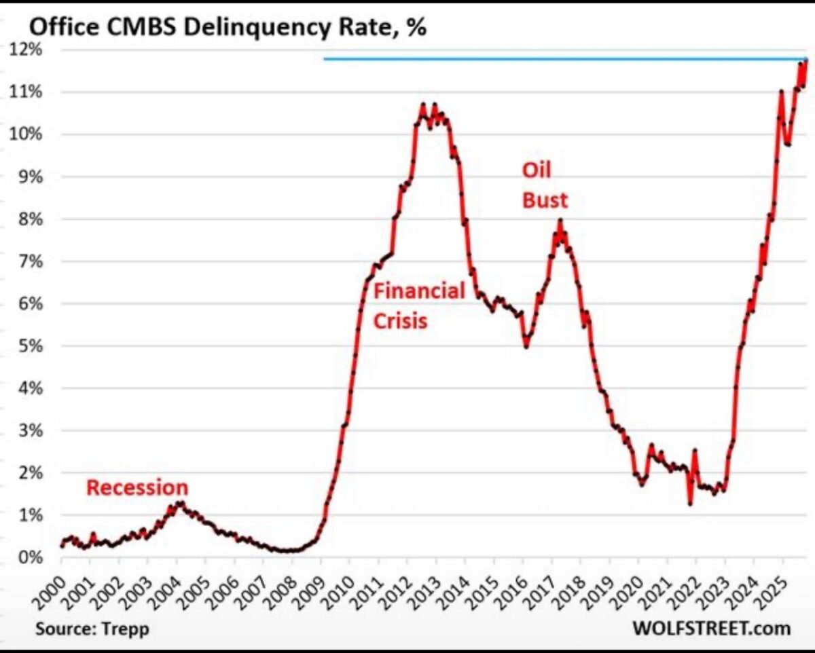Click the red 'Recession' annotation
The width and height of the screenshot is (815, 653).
point(137,487)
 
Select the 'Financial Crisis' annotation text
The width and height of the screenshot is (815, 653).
point(418,305)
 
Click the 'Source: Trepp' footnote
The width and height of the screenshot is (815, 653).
point(92,628)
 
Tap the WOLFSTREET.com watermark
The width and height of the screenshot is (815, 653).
point(711,628)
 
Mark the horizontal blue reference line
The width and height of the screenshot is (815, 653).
point(543,59)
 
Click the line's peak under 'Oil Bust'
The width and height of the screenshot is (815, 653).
point(560,220)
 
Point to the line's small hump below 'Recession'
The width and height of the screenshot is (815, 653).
point(179,504)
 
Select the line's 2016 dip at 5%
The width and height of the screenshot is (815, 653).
point(526,346)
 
